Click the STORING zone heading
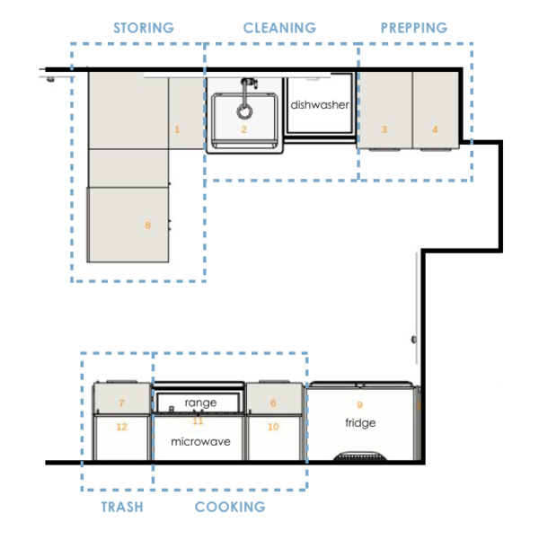[x=144, y=28]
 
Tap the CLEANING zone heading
[x=279, y=28]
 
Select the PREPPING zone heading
[x=414, y=28]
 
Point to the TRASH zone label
[x=122, y=507]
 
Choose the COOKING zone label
[x=230, y=507]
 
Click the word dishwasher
[x=320, y=105]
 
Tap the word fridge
[x=360, y=422]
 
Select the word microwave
[x=200, y=441]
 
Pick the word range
[x=200, y=403]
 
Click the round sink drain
[x=244, y=111]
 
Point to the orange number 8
[x=147, y=226]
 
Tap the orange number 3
[x=384, y=129]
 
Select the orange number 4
[x=435, y=129]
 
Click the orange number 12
[x=121, y=427]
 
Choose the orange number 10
[x=273, y=427]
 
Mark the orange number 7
[x=121, y=403]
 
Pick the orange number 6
[x=273, y=403]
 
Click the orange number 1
[x=177, y=129]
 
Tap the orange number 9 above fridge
[x=360, y=404]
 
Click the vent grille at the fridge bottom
[x=360, y=456]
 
